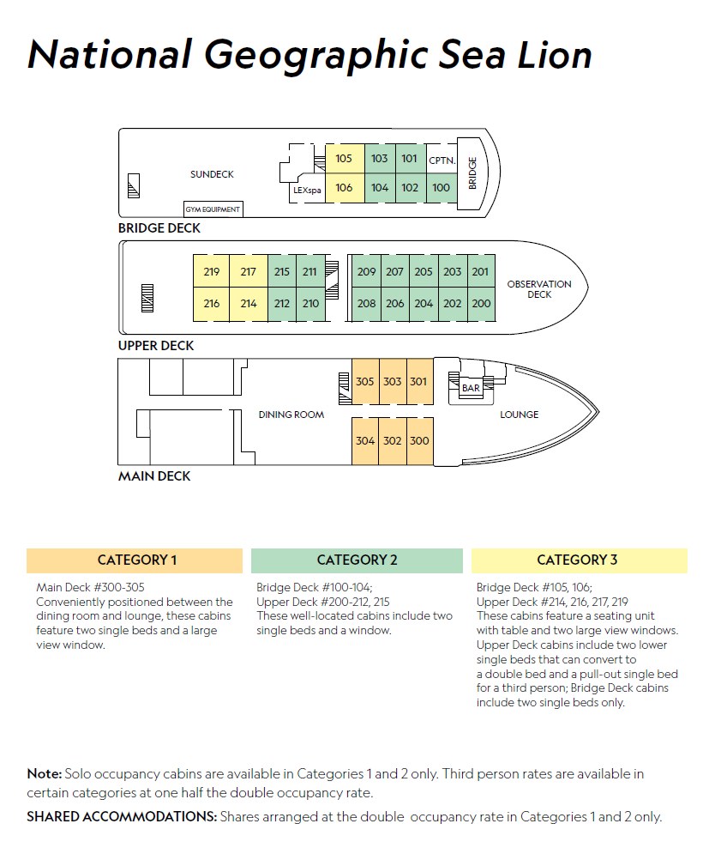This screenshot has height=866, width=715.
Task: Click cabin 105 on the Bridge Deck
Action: [x=345, y=159]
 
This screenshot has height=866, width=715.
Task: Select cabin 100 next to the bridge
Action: [x=442, y=188]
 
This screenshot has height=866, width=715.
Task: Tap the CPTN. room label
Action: [x=442, y=160]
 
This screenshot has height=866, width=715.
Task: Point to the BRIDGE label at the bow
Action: [x=472, y=173]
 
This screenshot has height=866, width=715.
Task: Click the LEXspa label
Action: [x=307, y=190]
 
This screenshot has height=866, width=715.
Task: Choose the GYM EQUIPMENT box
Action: [x=213, y=209]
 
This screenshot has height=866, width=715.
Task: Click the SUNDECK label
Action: [x=212, y=174]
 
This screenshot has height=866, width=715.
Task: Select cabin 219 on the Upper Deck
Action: [x=211, y=271]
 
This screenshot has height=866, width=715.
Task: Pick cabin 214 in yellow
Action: [x=249, y=304]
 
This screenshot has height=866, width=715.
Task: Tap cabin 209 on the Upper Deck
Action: [x=366, y=271]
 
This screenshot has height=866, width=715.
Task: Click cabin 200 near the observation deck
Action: [x=481, y=304]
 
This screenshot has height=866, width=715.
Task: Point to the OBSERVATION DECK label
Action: [x=539, y=289]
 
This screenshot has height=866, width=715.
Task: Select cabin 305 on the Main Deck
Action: [x=365, y=382]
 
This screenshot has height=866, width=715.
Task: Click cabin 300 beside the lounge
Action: [x=420, y=441]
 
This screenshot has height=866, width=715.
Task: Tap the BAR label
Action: [x=471, y=388]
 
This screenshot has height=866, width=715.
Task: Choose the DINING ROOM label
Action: [x=291, y=415]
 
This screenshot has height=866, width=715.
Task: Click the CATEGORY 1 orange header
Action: [x=135, y=560]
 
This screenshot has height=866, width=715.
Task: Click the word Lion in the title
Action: [x=555, y=55]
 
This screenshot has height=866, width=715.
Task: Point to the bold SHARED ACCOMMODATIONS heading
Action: [x=122, y=816]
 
